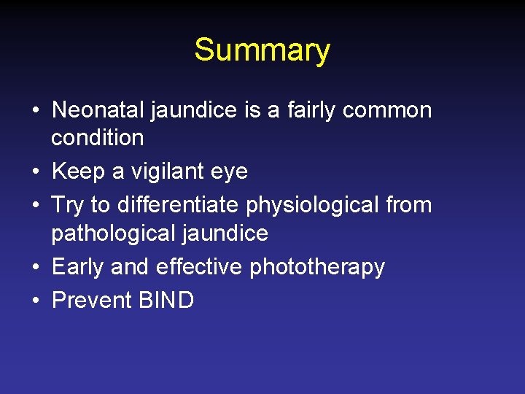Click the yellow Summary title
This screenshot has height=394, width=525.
262,50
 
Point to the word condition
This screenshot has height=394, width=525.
98,138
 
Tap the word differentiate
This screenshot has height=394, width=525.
178,205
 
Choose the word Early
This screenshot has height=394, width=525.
78,267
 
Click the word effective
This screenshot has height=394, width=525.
198,267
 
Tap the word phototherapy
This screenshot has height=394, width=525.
317,268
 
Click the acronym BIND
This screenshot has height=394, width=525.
166,300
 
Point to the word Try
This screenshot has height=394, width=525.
68,206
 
